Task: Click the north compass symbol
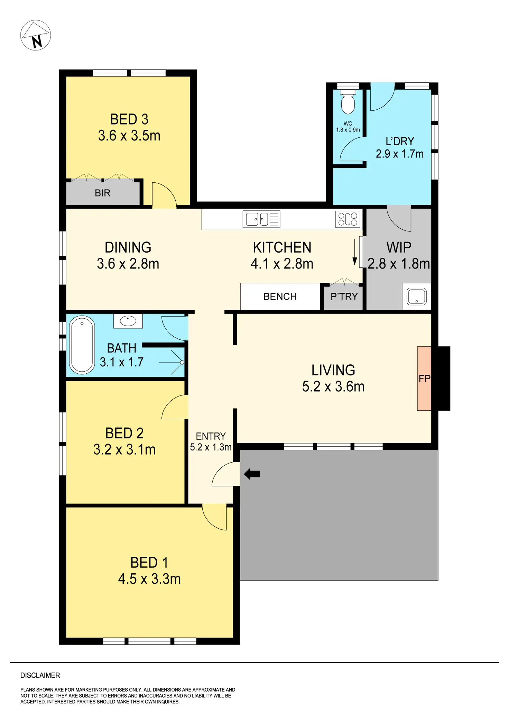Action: (36, 35)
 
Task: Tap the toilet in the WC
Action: (348, 102)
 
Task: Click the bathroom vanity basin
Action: (128, 321)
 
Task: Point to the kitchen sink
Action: (261, 219)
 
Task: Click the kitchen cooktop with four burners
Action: (348, 219)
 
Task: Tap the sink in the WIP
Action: (416, 297)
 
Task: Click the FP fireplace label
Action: (424, 379)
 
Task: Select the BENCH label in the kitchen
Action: (280, 297)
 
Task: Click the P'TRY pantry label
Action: (344, 297)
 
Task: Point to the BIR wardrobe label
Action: (103, 193)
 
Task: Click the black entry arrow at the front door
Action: (252, 474)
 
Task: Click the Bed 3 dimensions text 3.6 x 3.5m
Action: (129, 136)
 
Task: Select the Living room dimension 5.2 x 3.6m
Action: (333, 386)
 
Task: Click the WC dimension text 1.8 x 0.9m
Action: (348, 130)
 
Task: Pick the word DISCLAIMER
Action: (40, 675)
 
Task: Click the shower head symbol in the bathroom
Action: (182, 362)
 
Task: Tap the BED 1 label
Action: (149, 563)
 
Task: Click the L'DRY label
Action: (400, 141)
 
